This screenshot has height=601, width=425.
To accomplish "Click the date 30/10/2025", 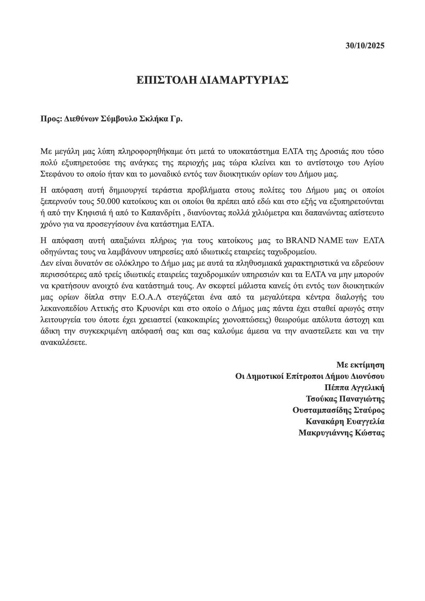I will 365,46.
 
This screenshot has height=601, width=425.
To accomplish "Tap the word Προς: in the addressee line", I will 51,119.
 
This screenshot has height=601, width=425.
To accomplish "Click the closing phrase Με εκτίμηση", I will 360,364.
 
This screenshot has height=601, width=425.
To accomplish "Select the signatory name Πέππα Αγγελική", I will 354,388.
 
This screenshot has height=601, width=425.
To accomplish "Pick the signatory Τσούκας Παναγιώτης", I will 345,399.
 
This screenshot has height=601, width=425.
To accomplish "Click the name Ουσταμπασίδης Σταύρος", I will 338,410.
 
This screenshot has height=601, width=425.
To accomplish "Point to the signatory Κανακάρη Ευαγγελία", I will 345,422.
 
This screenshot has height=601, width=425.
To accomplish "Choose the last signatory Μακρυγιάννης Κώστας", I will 341,433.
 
